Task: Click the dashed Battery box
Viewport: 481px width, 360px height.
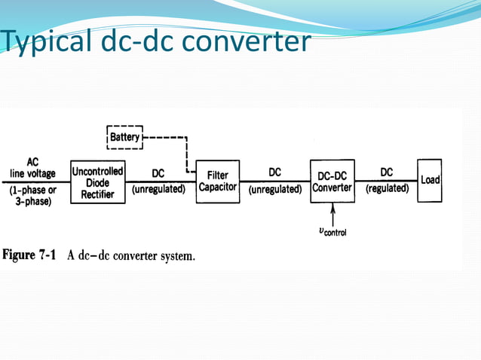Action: [x=124, y=137]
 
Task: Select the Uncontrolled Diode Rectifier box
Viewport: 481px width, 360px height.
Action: [x=97, y=182]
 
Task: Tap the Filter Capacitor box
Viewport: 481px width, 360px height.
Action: [x=218, y=182]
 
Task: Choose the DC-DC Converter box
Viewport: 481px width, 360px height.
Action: [x=332, y=182]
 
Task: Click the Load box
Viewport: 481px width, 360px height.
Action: [x=430, y=181]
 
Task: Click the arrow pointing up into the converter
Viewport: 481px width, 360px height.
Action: [x=332, y=213]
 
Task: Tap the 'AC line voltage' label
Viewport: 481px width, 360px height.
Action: [x=32, y=168]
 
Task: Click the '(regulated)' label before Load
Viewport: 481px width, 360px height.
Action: [x=387, y=189]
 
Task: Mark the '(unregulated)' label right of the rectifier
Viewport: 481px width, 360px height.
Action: [x=158, y=189]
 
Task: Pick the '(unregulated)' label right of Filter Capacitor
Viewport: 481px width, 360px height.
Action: [x=274, y=189]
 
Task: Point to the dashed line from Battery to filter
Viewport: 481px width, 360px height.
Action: [x=185, y=151]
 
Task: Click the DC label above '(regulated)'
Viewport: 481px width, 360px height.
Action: [x=387, y=172]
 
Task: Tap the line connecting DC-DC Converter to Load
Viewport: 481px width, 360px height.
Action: [x=386, y=181]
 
